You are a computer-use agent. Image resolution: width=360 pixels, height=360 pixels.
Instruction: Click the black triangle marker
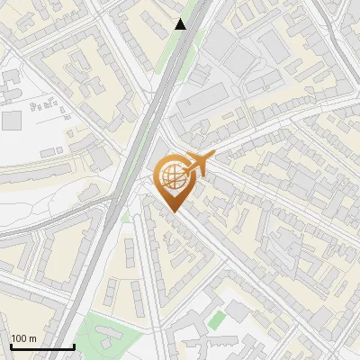[x=181, y=24]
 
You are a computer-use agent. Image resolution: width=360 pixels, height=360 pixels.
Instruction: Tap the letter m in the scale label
[x=33, y=337]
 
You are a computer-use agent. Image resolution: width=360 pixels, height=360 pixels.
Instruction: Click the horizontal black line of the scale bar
[x=41, y=346]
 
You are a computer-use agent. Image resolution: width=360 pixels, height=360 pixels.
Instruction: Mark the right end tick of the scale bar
[x=74, y=345]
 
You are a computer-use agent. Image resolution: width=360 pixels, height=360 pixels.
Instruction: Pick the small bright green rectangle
[x=215, y=319]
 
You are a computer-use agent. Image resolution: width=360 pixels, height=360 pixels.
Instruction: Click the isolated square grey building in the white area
[x=12, y=121]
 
